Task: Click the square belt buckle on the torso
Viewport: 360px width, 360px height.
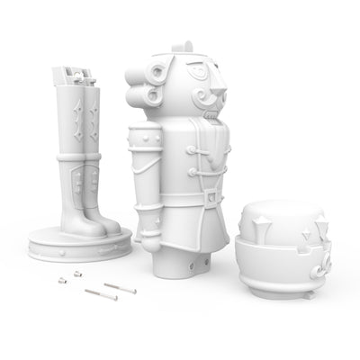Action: (210, 194)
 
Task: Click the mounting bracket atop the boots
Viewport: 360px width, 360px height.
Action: (76, 76)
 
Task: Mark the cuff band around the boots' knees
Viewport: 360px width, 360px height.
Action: (79, 158)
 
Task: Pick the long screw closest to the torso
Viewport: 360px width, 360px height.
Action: (119, 288)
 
